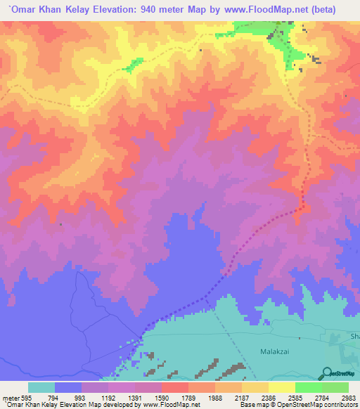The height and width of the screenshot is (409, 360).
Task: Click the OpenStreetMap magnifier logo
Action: coord(328,372)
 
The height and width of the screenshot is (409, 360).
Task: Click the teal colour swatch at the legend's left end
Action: coord(41,387)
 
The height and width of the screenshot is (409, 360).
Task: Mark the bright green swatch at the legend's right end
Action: coord(335,387)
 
